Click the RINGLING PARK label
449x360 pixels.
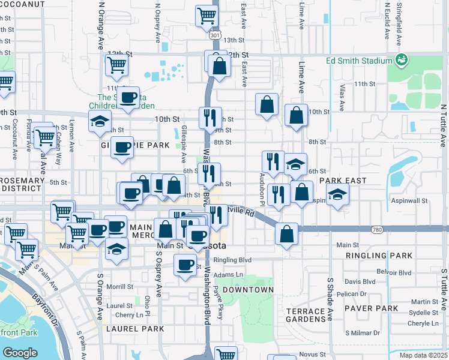point(379,256)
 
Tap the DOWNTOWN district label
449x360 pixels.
point(251,290)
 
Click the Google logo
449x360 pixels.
point(20,353)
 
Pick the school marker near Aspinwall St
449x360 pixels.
point(338,195)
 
